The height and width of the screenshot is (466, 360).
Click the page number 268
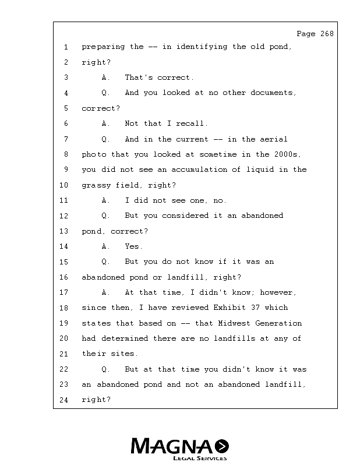327,34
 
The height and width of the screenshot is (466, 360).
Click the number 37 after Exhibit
257,308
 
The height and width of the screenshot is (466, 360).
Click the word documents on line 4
274,93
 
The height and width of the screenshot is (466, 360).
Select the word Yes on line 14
133,246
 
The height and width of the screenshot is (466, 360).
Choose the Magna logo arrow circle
221,446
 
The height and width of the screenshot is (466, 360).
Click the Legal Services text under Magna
196,458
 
